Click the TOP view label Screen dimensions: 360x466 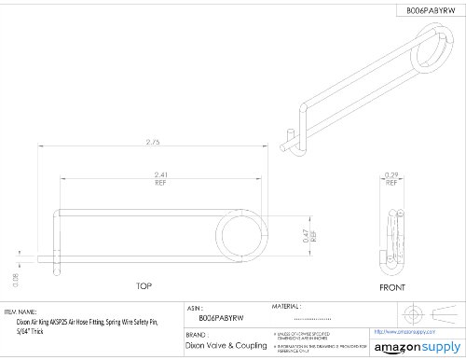[x=144, y=286]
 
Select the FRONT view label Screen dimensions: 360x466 [x=392, y=286]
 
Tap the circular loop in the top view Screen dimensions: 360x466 [x=240, y=238]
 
